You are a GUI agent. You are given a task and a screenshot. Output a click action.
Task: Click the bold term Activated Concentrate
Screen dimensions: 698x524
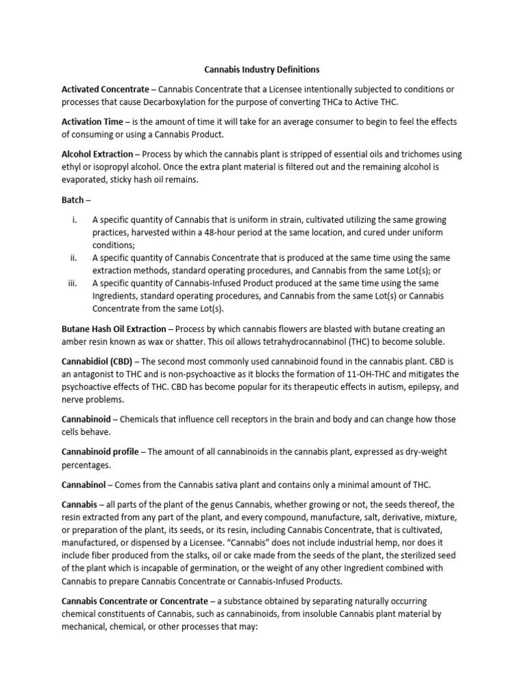coord(105,89)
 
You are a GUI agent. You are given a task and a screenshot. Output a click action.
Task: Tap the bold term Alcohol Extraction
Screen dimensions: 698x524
coord(98,155)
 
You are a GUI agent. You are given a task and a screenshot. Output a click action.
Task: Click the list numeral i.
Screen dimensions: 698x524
coord(74,220)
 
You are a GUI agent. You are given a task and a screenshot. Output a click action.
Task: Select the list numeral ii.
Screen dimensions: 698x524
coord(74,258)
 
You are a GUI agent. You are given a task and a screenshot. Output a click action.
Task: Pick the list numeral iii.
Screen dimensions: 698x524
coord(74,284)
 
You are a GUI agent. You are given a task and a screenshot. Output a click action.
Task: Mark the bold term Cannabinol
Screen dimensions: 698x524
coord(87,484)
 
